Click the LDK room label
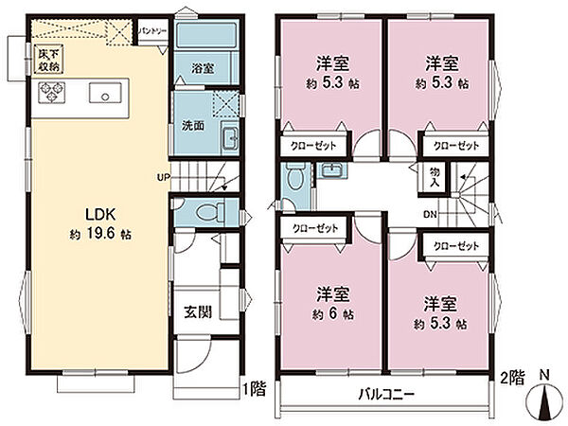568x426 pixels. (x=100, y=215)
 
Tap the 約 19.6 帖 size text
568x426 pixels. (x=100, y=235)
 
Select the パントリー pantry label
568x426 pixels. (x=153, y=31)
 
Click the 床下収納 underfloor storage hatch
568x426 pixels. (x=48, y=60)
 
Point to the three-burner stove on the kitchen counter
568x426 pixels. (x=51, y=93)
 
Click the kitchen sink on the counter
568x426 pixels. (x=105, y=94)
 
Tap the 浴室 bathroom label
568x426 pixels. (x=203, y=68)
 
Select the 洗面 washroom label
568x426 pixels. (x=193, y=125)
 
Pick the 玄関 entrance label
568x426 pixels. (x=198, y=311)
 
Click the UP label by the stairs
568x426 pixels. (x=164, y=178)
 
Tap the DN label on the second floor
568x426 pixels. (x=431, y=215)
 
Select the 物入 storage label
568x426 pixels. (x=435, y=178)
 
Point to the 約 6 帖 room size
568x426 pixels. (x=333, y=314)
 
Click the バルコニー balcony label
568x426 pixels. (x=386, y=394)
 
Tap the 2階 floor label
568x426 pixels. (x=512, y=378)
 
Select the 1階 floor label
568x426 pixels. (x=255, y=389)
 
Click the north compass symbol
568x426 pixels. (x=544, y=399)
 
